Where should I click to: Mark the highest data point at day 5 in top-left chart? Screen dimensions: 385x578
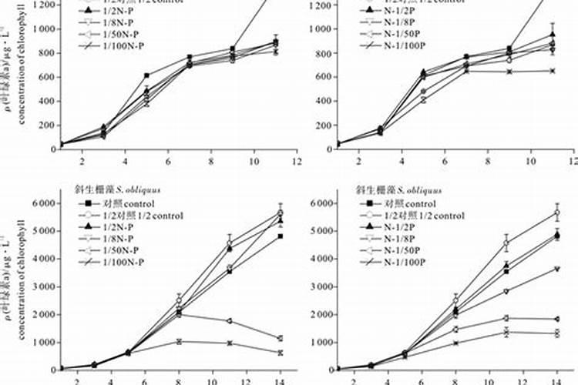(x=146, y=75)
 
